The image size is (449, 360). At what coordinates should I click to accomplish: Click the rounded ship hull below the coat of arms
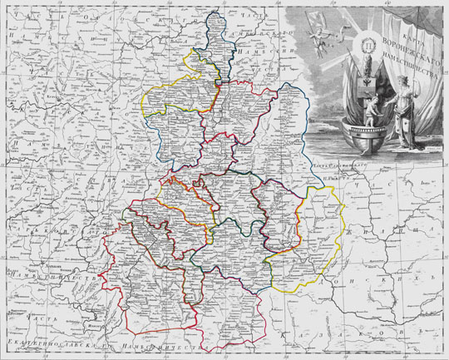(366, 137)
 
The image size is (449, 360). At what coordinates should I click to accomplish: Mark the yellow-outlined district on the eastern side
(311, 220)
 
